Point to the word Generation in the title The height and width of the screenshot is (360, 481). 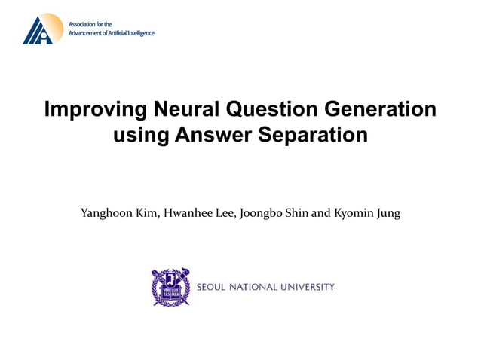click(x=383, y=110)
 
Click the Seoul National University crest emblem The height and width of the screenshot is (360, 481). click(x=170, y=287)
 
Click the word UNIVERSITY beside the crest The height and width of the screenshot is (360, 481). click(x=308, y=287)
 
